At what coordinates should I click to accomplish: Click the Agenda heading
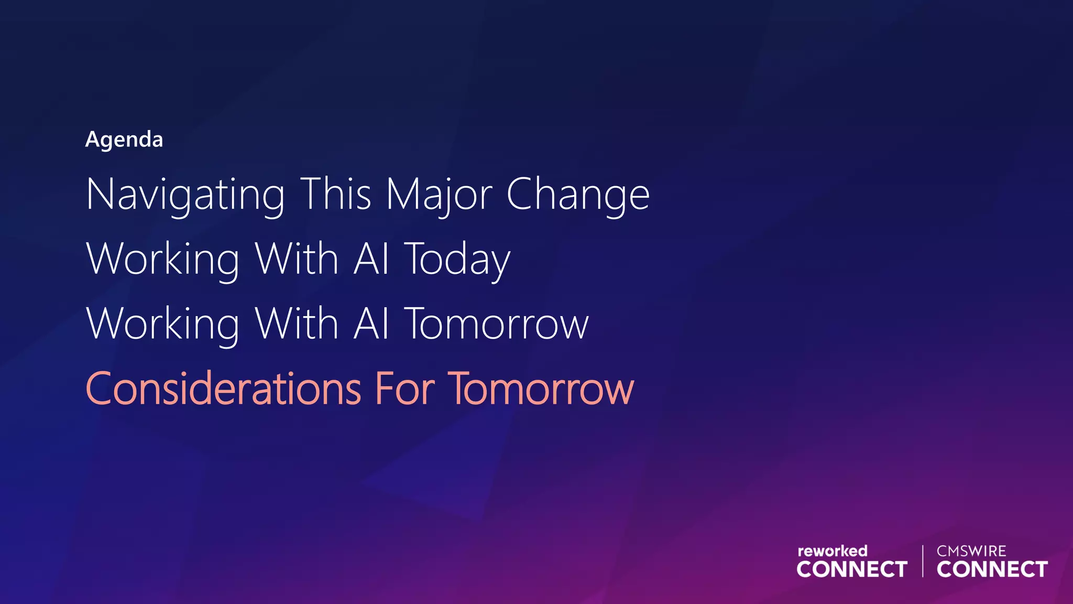pyautogui.click(x=124, y=140)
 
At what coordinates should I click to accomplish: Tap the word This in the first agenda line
pyautogui.click(x=336, y=194)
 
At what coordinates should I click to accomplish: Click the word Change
pyautogui.click(x=578, y=195)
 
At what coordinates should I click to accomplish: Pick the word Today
pyautogui.click(x=457, y=260)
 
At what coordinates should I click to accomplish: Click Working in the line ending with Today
pyautogui.click(x=163, y=260)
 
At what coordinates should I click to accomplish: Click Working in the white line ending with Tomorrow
pyautogui.click(x=163, y=325)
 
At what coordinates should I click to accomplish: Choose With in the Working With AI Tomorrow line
pyautogui.click(x=297, y=323)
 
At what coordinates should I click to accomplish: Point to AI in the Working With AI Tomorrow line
pyautogui.click(x=371, y=323)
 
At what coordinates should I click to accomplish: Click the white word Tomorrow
pyautogui.click(x=497, y=325)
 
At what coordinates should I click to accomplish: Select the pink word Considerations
pyautogui.click(x=223, y=389)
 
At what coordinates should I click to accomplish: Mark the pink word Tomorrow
pyautogui.click(x=542, y=390)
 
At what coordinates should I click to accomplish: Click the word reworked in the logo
pyautogui.click(x=832, y=551)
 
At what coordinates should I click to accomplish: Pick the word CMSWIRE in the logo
pyautogui.click(x=971, y=551)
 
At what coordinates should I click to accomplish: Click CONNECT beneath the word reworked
pyautogui.click(x=852, y=569)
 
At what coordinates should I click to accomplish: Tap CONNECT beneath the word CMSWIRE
pyautogui.click(x=992, y=569)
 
